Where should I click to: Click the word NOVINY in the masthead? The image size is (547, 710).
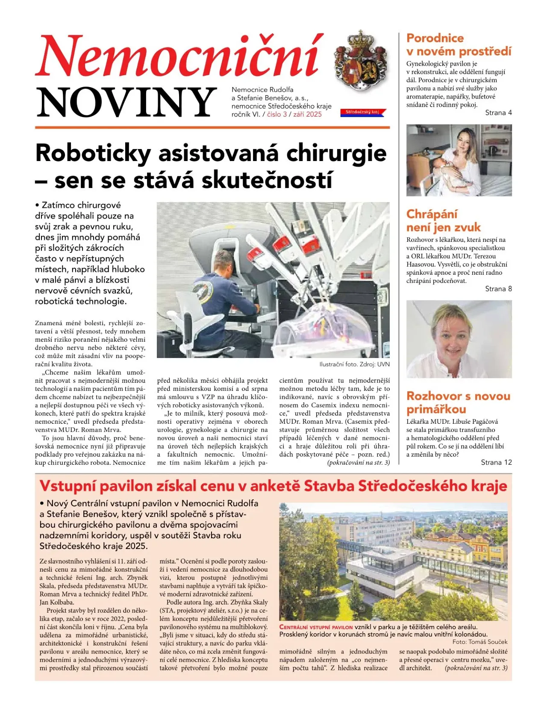click(126, 103)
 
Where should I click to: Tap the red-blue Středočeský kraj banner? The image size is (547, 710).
click(362, 112)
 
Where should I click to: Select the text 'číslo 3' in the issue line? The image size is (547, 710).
click(277, 114)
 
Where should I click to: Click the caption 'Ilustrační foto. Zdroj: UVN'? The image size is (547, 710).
click(354, 364)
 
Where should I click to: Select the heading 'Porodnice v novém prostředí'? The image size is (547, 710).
click(458, 45)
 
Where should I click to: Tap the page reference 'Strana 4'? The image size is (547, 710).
click(498, 113)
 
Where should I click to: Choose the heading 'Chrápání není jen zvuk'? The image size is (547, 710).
click(443, 220)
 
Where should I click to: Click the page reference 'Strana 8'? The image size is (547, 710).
click(498, 289)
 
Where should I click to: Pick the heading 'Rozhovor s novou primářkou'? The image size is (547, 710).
click(458, 402)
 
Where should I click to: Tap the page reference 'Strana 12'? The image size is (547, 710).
click(496, 462)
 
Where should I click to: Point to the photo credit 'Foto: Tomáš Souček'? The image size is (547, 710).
click(480, 642)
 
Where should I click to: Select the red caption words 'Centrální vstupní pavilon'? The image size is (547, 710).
click(316, 627)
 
